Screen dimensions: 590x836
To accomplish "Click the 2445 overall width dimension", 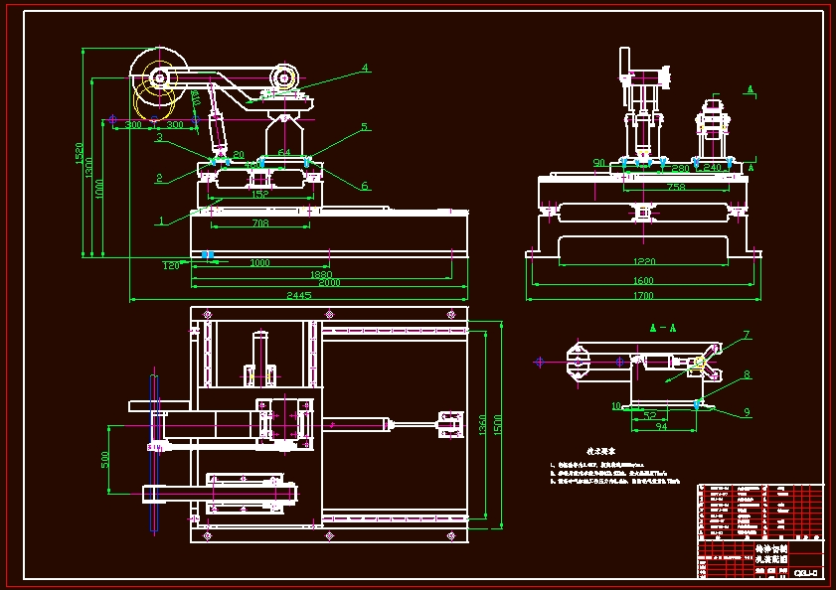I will tap(299, 295).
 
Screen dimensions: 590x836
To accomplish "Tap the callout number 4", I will tap(365, 68).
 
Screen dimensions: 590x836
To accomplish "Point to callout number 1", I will tap(159, 221).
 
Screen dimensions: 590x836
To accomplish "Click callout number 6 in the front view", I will tap(365, 186).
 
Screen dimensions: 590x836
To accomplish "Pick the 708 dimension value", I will tap(259, 224).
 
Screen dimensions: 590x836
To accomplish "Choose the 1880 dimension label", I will tap(320, 274).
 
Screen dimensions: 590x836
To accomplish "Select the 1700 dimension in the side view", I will tap(642, 295).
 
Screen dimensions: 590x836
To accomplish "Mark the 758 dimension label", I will tap(676, 187).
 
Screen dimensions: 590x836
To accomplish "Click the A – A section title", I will tap(662, 327).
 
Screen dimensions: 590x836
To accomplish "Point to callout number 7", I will tap(747, 335).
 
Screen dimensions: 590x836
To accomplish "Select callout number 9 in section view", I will tap(747, 411).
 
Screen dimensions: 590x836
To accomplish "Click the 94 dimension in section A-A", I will tap(662, 426).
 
